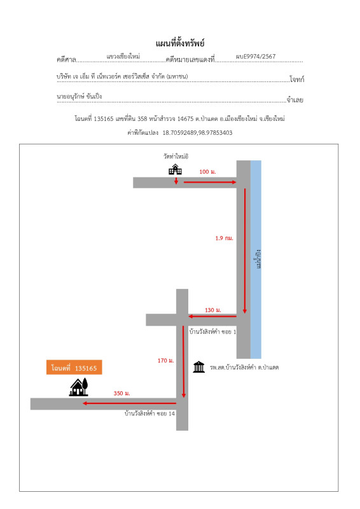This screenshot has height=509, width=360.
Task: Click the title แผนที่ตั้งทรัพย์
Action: [180, 43]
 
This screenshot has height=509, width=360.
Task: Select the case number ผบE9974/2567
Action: [256, 56]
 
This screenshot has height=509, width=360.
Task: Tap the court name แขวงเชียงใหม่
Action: [123, 56]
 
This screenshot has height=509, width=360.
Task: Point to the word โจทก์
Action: [296, 79]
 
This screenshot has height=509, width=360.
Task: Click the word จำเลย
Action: [295, 100]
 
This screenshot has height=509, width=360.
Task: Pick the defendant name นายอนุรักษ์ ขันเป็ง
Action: [80, 96]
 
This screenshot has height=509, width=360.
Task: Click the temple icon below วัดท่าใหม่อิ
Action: [176, 169]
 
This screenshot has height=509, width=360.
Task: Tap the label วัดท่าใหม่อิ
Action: [176, 156]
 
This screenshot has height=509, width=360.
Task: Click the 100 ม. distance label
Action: [207, 172]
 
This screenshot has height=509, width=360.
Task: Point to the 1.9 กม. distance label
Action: [225, 238]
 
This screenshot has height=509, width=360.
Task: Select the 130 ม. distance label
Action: [213, 310]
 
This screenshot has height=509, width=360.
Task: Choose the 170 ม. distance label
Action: [166, 360]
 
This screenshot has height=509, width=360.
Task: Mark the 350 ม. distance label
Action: [121, 393]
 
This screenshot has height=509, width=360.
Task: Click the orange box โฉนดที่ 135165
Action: [74, 368]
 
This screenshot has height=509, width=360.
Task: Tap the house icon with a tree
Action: [79, 387]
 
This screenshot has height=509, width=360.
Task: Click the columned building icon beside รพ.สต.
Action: [198, 367]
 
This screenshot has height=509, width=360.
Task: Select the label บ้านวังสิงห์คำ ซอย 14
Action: [149, 413]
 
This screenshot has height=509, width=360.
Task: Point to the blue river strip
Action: [256, 260]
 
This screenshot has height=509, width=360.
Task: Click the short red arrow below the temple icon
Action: [176, 181]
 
